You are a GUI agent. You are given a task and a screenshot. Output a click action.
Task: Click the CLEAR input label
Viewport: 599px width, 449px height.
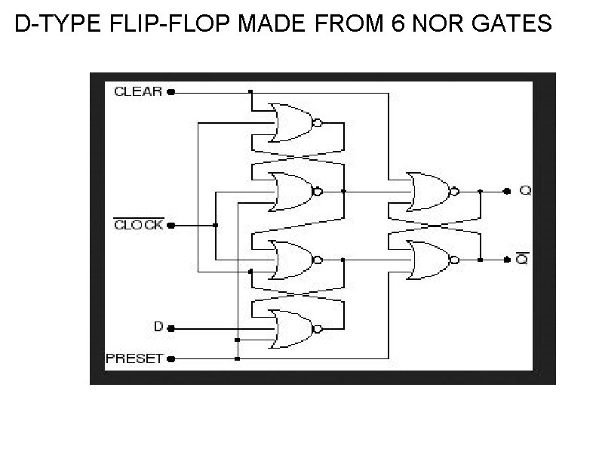tap(137, 91)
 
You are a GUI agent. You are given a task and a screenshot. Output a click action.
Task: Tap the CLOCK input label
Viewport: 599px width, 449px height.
tap(137, 225)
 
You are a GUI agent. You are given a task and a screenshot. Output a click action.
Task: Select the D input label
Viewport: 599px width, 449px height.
tap(158, 328)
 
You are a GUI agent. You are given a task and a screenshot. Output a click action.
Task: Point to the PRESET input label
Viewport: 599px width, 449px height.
tap(134, 359)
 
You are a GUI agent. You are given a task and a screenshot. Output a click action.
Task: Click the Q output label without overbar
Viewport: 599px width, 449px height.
tap(525, 190)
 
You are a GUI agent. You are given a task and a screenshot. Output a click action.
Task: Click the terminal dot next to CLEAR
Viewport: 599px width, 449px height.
tap(170, 92)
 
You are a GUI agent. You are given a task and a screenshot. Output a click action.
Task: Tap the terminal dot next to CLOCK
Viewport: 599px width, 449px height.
tap(170, 225)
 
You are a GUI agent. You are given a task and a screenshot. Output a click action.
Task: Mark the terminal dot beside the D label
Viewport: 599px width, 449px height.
tap(170, 328)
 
